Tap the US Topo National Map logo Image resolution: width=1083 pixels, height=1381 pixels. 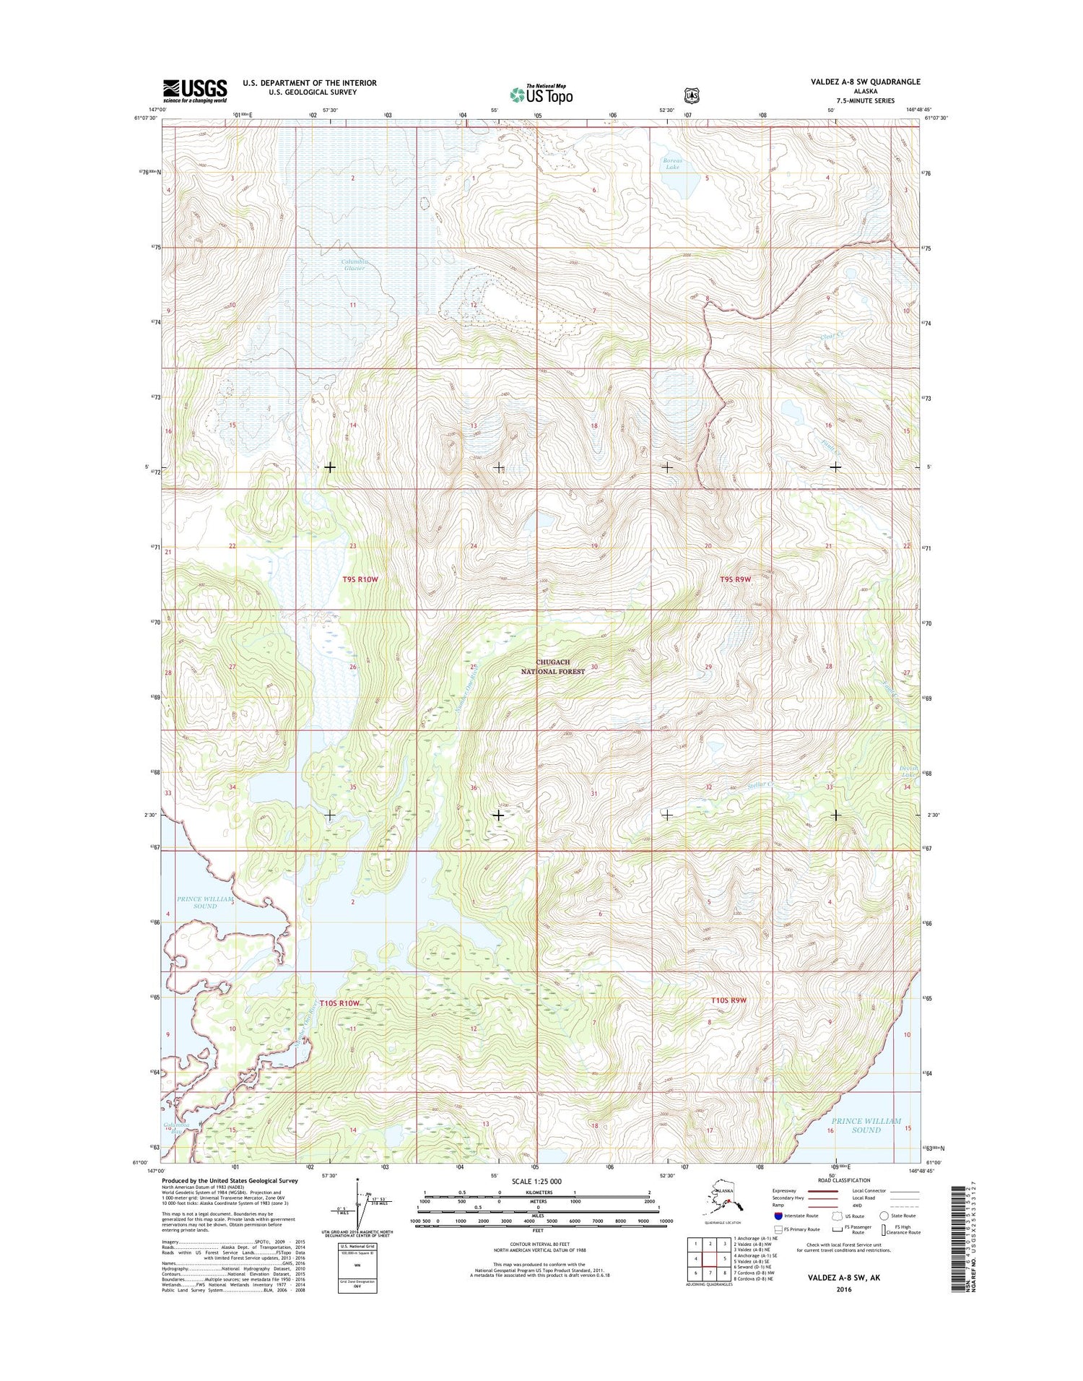tap(541, 93)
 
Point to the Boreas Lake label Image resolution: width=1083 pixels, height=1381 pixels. tap(672, 163)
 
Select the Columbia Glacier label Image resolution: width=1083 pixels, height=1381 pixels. tap(355, 264)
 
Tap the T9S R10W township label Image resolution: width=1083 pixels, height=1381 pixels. tap(360, 579)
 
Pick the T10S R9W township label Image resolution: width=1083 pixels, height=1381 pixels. tap(727, 1000)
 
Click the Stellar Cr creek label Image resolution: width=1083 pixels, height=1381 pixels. tap(760, 784)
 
